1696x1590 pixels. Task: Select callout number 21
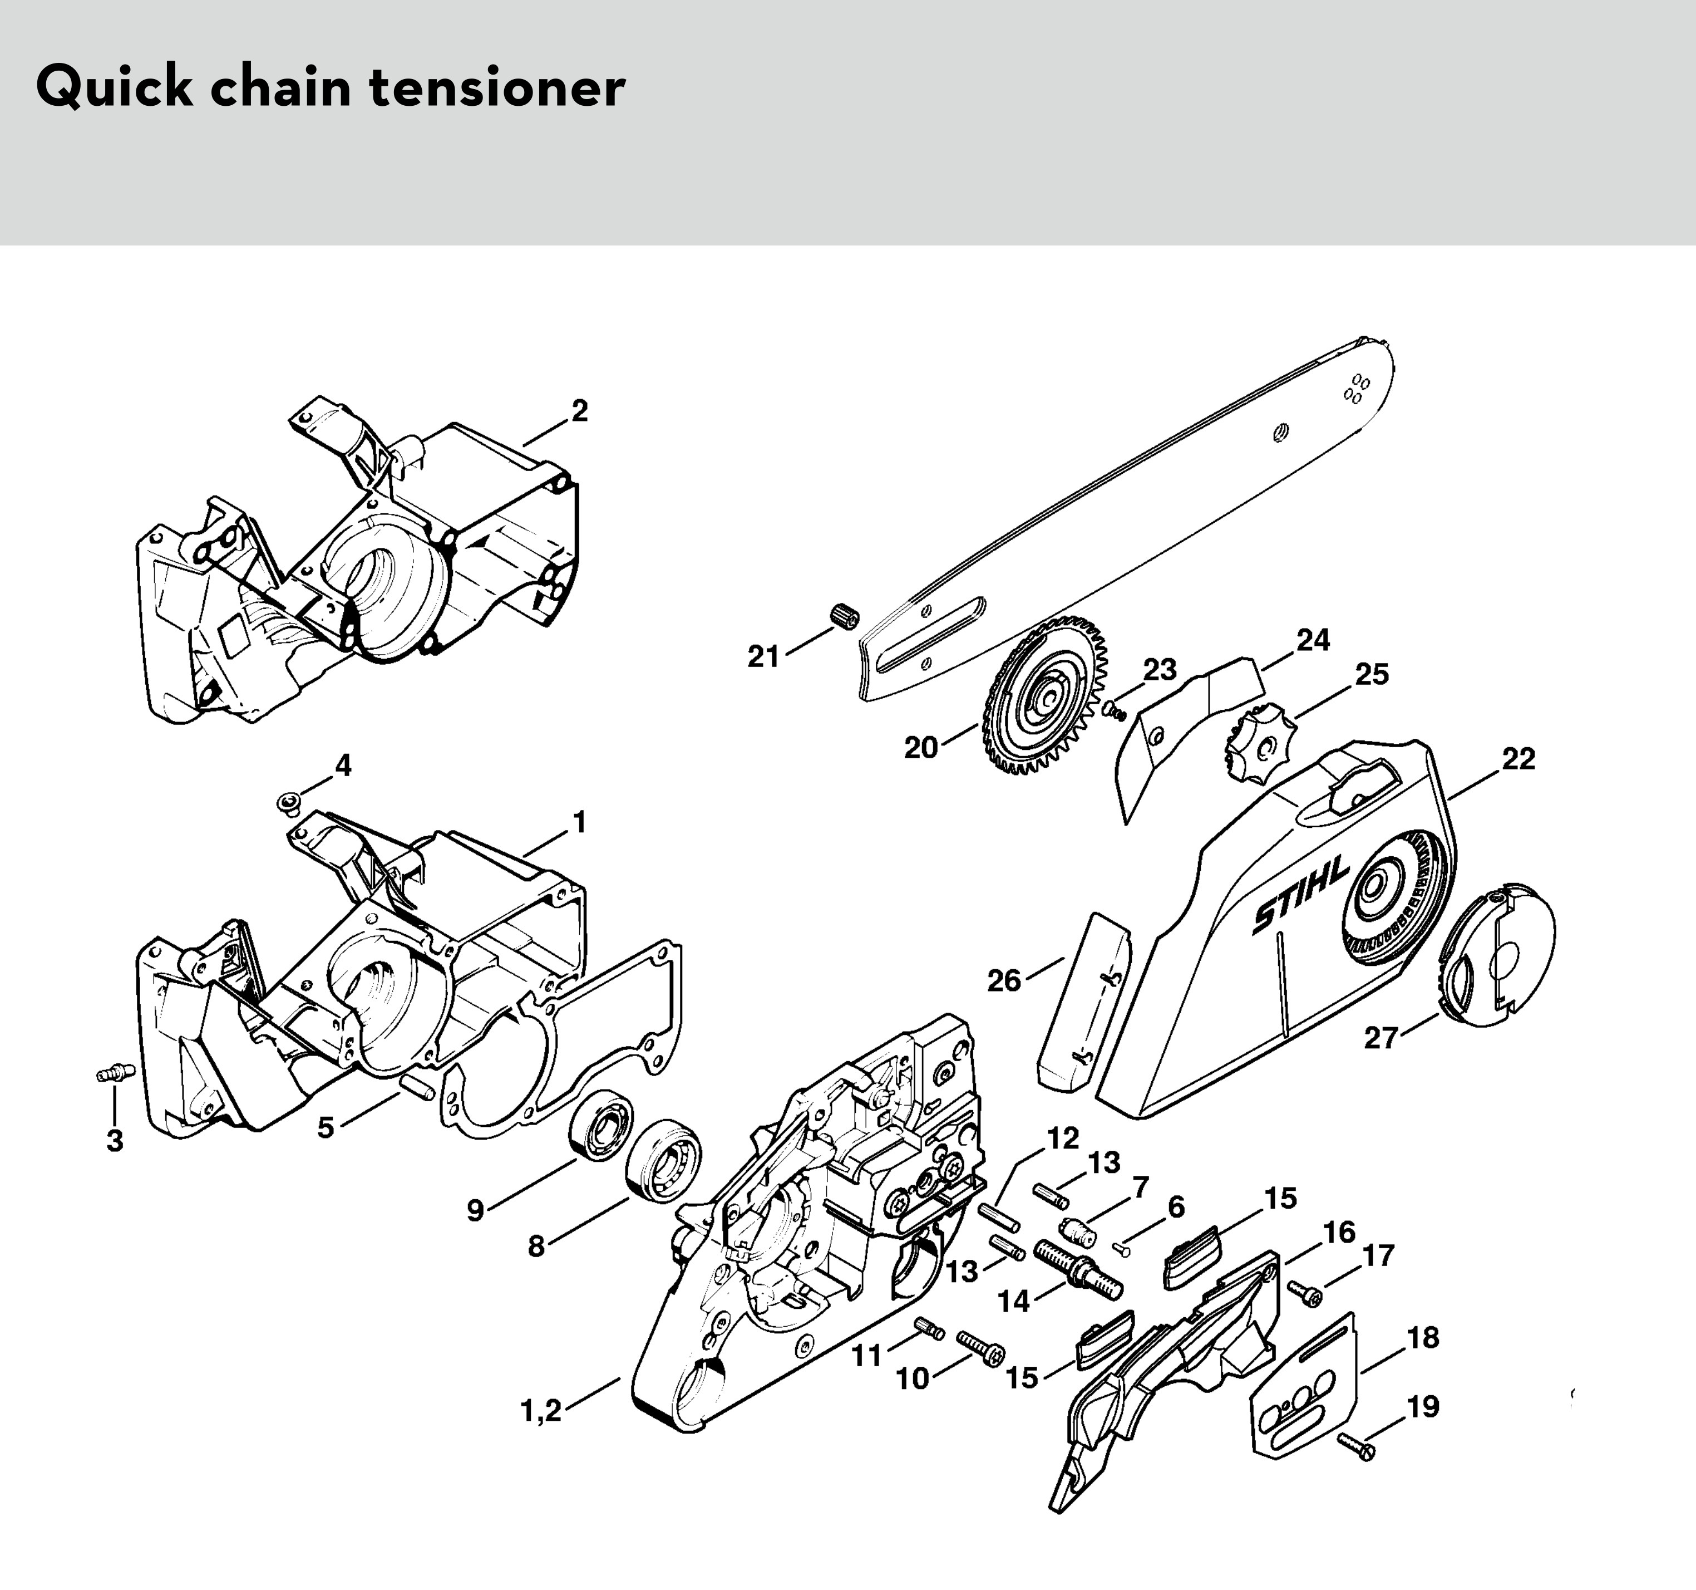pyautogui.click(x=763, y=656)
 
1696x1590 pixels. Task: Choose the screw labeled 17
pyautogui.click(x=1305, y=1294)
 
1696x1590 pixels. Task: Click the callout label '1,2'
pyautogui.click(x=541, y=1411)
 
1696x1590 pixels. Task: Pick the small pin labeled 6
pyautogui.click(x=1121, y=1249)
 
